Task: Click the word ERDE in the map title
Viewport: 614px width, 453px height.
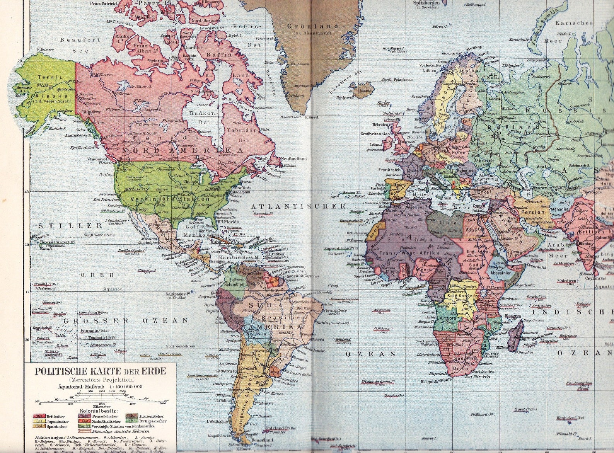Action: [155, 372]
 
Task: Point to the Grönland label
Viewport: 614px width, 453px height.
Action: [312, 26]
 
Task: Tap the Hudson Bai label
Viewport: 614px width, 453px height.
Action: [202, 118]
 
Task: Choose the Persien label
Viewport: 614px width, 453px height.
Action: [532, 212]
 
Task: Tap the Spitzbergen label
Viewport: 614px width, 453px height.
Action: [427, 2]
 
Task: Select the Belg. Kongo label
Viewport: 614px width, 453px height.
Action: [459, 296]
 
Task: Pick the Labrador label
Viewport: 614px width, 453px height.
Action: [242, 130]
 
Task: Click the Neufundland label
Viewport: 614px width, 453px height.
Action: [293, 159]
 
